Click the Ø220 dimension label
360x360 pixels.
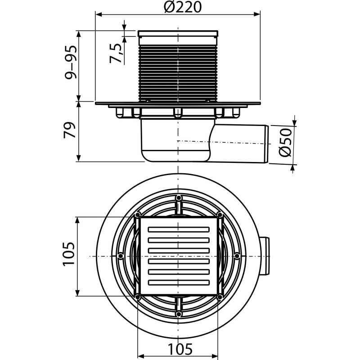(183, 7)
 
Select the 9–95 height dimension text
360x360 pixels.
(71, 63)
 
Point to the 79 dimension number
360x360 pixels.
(70, 130)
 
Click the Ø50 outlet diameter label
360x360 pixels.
(285, 143)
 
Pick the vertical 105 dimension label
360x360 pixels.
(69, 254)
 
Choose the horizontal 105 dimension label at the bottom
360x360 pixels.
(180, 349)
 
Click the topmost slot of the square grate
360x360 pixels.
(179, 229)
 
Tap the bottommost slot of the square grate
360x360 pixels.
(179, 283)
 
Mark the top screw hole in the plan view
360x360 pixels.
(178, 198)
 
